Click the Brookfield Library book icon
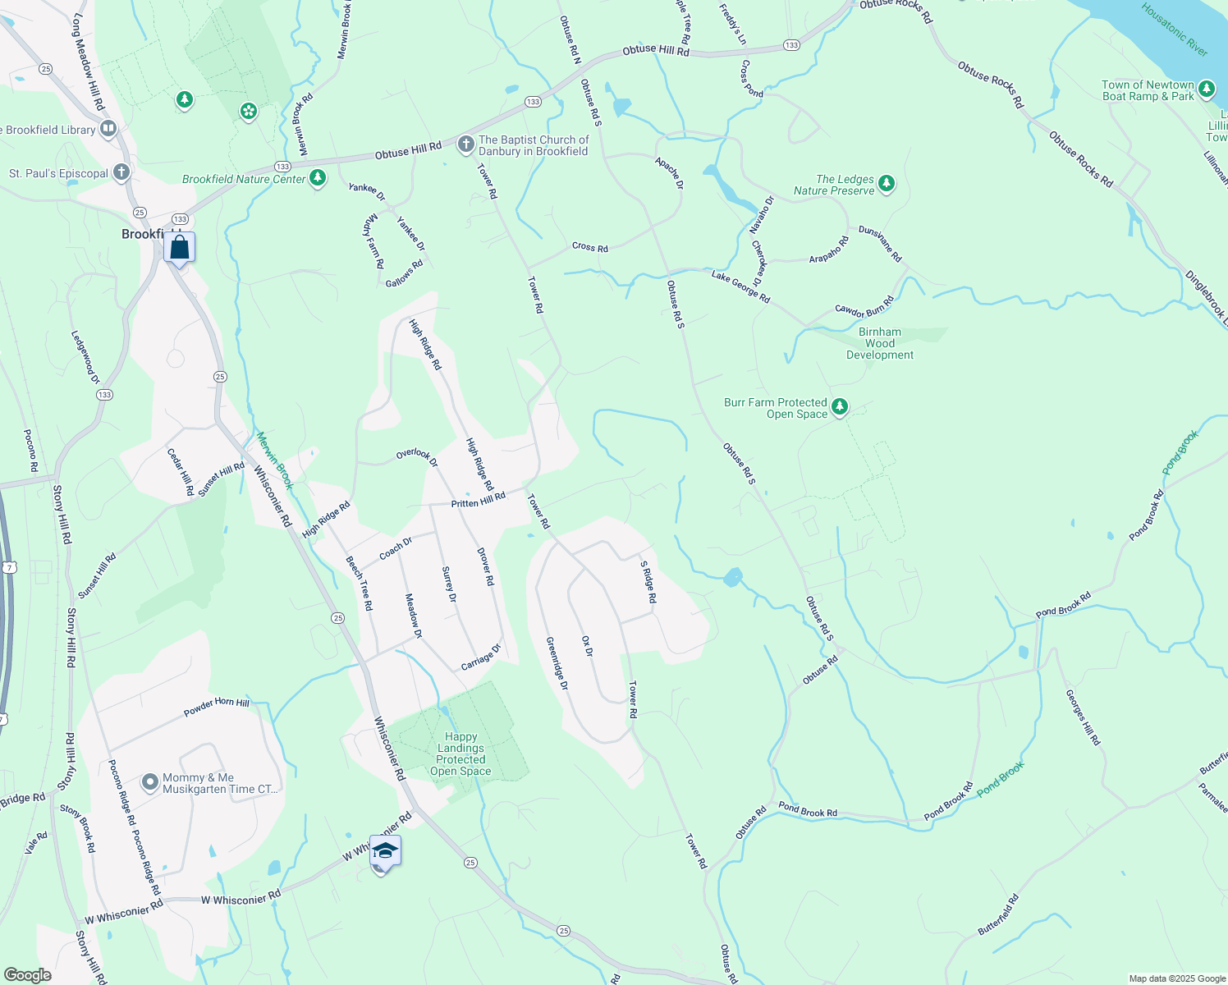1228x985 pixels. pos(108,129)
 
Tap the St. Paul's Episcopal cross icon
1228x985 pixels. pos(121,172)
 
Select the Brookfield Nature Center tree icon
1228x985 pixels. pos(318,178)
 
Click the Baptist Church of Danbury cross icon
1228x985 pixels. pos(465,145)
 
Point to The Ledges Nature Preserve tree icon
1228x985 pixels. pos(887,184)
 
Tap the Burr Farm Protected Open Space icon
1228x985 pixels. pos(839,407)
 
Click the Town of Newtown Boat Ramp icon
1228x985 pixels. pos(1206,89)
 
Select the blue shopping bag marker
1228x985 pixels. pos(179,247)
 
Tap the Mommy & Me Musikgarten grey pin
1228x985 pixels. pos(149,782)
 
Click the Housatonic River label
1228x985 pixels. pos(1175,30)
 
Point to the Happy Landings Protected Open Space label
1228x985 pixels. pos(460,754)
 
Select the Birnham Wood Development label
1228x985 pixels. pos(880,343)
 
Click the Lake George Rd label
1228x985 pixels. pos(740,287)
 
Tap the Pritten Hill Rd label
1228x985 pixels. pos(479,500)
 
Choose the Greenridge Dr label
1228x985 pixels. pos(557,662)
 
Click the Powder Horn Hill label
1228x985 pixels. pos(217,706)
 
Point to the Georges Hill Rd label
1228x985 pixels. pos(1083,717)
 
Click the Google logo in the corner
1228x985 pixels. pos(28,974)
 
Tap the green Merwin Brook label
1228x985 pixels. pos(274,460)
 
